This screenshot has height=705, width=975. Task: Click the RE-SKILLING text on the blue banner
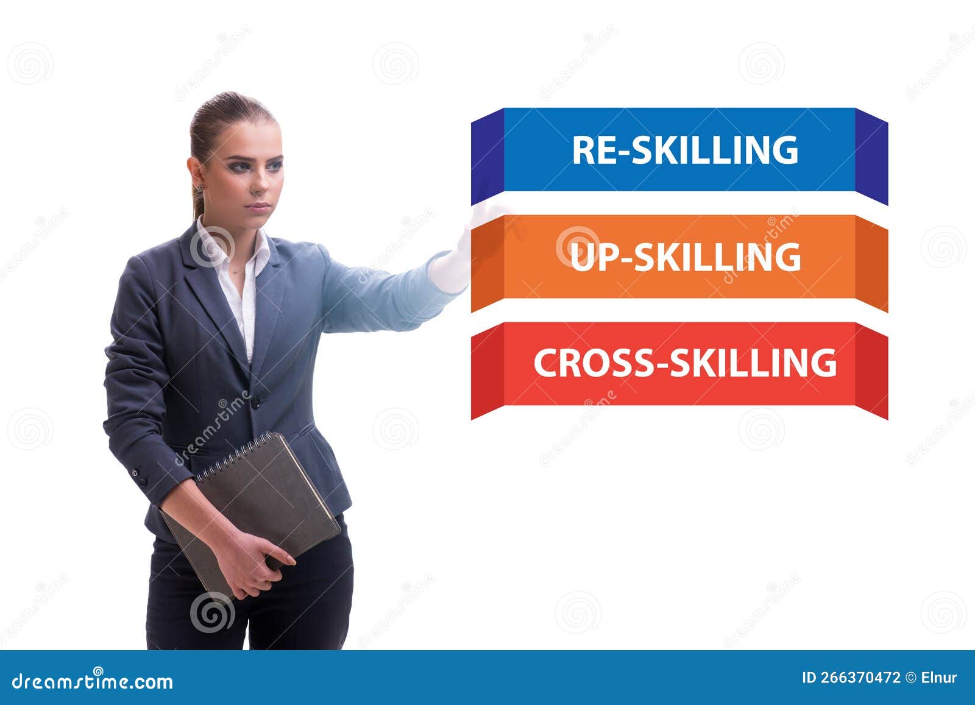point(684,150)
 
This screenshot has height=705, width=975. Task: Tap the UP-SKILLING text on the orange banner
point(684,257)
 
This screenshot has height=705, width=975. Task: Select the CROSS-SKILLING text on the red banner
point(684,363)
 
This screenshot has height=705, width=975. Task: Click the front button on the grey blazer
point(255,402)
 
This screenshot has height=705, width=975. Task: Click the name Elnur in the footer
point(939,678)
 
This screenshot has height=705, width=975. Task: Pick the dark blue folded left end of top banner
point(487,156)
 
